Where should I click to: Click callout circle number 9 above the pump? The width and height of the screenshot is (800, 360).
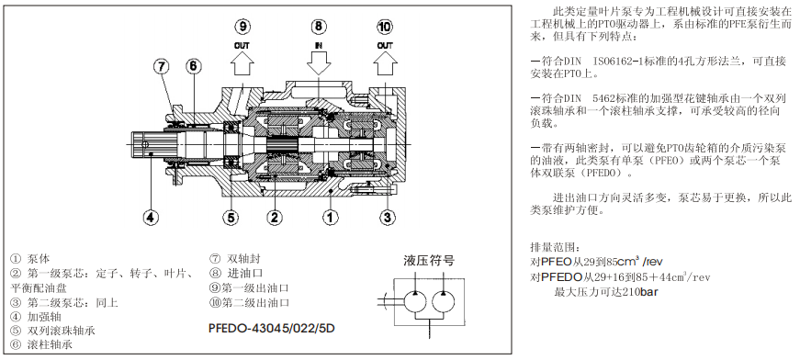coord(242,25)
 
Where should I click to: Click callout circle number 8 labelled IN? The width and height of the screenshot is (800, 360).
coord(318,25)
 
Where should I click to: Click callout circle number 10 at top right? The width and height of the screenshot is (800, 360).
coord(385,25)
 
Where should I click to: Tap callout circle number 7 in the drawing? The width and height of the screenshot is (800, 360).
coord(162,66)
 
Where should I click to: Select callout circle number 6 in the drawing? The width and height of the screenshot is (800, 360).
coord(193,66)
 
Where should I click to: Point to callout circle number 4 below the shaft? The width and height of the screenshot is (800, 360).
coord(151,217)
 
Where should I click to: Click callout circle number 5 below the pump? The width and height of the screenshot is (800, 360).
coord(232,217)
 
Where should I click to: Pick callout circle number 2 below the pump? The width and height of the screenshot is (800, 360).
coord(273,217)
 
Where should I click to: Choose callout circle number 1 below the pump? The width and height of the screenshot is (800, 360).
coord(329,217)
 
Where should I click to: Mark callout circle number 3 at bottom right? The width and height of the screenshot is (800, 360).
coord(388,217)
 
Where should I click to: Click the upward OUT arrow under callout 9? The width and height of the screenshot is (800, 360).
coord(242,65)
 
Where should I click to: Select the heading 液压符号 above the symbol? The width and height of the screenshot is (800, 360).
coord(429,261)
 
